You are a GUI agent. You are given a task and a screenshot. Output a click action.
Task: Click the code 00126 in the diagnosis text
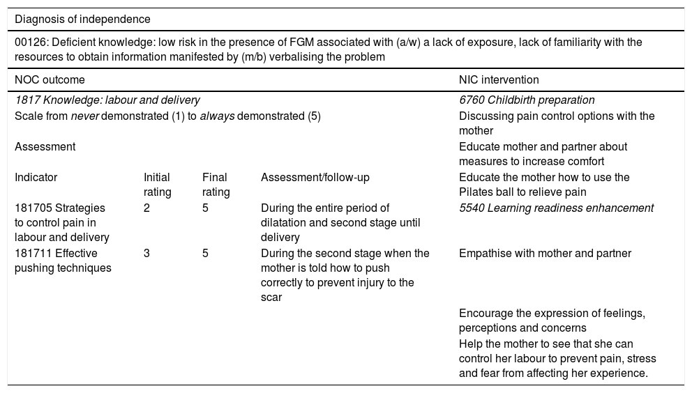click(x=29, y=43)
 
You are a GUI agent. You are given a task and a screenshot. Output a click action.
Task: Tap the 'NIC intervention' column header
click(x=498, y=80)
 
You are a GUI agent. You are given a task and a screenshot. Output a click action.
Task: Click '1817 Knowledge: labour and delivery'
click(x=107, y=100)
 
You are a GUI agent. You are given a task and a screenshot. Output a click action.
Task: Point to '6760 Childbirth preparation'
click(x=527, y=100)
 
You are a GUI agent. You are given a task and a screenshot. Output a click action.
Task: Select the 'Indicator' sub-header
click(x=36, y=178)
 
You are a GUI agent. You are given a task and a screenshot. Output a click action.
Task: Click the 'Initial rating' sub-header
click(x=157, y=185)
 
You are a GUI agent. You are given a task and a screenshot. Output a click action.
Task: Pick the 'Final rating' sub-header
click(x=216, y=185)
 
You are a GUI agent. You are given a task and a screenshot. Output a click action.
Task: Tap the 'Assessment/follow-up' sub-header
click(x=315, y=178)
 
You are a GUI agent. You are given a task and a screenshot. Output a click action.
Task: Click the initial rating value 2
click(x=146, y=208)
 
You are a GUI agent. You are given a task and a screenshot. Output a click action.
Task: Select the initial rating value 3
click(x=146, y=254)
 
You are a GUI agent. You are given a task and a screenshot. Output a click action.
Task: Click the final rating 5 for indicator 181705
click(x=205, y=208)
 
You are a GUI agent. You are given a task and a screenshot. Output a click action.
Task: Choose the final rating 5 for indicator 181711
click(x=205, y=254)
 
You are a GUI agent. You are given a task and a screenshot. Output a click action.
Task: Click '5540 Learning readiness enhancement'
click(x=556, y=208)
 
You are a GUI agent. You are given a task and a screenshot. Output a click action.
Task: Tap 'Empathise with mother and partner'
click(x=545, y=254)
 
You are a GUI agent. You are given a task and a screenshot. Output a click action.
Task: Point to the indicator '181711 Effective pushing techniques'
click(x=62, y=261)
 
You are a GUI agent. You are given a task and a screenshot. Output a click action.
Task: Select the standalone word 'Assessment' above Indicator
click(x=45, y=147)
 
